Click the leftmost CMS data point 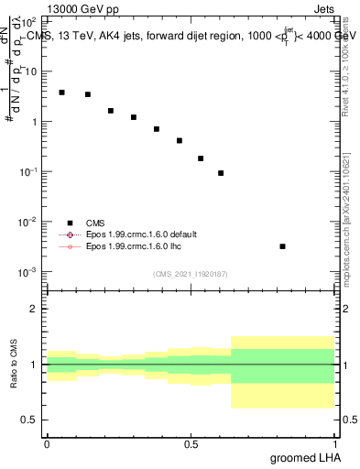(x=61, y=93)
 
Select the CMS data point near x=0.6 (x=221, y=173)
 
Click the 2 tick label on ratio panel (x=35, y=310)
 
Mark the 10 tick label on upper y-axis (x=31, y=71)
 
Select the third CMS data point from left (x=111, y=111)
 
